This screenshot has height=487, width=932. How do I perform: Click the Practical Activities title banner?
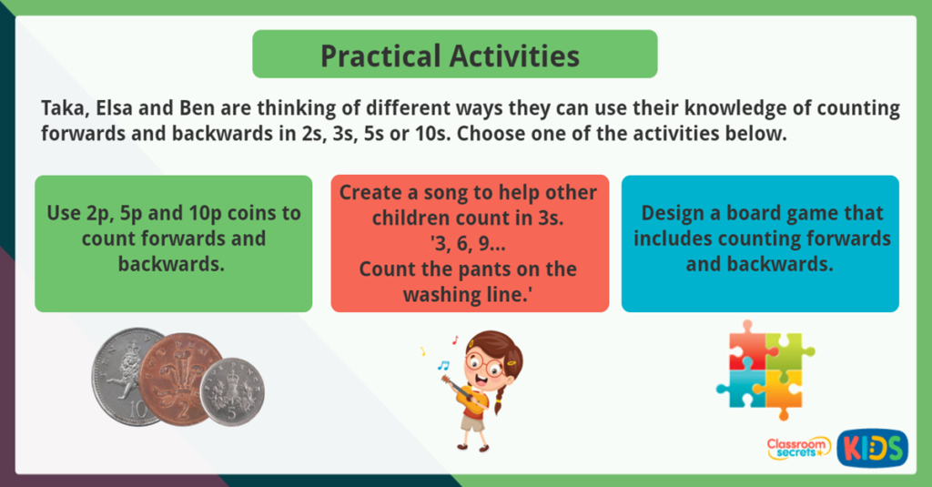click(x=454, y=55)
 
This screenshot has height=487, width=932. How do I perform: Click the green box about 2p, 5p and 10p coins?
click(x=173, y=243)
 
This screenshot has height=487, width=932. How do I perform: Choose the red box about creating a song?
click(x=469, y=243)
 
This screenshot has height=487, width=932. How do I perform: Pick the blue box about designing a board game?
click(x=760, y=243)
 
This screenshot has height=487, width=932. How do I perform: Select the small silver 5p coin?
click(x=232, y=391)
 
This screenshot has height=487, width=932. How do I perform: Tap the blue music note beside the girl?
click(x=443, y=366)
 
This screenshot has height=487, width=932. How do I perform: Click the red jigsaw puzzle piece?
click(x=746, y=345)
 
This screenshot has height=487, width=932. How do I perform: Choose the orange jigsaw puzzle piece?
click(x=780, y=387)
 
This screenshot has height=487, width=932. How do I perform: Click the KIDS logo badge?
click(x=872, y=448)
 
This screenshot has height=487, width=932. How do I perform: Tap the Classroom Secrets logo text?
click(x=797, y=446)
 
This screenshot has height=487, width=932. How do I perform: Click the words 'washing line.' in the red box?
click(x=469, y=295)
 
